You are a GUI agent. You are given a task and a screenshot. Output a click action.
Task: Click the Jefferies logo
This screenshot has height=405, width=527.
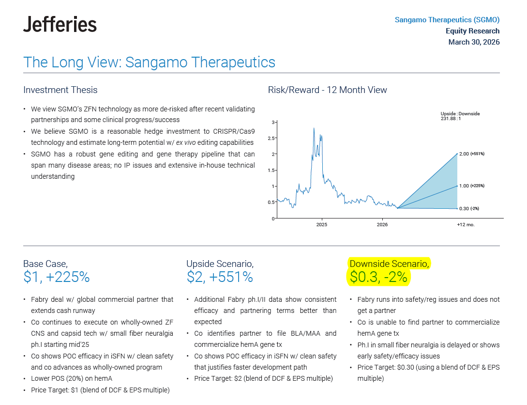[60, 24]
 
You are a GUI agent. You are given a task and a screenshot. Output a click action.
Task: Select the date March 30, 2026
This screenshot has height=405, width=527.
[474, 42]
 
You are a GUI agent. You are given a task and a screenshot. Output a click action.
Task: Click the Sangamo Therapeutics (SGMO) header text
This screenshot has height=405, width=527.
[447, 20]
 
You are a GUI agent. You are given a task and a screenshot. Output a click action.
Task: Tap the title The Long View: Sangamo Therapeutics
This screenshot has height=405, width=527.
[149, 62]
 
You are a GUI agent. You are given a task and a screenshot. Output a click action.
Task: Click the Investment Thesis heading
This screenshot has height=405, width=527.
[60, 90]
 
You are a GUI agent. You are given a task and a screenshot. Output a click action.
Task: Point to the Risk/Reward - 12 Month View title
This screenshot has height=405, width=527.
[327, 90]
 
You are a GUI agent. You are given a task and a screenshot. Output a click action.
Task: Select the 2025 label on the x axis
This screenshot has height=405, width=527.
[322, 225]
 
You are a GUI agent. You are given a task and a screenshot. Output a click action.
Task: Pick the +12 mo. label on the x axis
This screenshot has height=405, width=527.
[466, 225]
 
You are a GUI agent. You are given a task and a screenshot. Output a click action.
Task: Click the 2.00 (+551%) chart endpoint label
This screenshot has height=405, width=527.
[472, 154]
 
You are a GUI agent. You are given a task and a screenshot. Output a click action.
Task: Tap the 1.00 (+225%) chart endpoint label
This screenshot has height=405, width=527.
[472, 186]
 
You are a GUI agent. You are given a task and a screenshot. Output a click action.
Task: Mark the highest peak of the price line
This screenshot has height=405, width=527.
[314, 128]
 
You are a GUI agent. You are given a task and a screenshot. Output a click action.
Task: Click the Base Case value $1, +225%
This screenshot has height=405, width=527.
[56, 277]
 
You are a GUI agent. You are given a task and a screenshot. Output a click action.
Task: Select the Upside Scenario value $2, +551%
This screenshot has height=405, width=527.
[220, 277]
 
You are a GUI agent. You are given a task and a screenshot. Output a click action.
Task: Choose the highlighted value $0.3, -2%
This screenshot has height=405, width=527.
[379, 277]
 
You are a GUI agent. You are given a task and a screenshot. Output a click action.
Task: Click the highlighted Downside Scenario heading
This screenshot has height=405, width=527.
[389, 264]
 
